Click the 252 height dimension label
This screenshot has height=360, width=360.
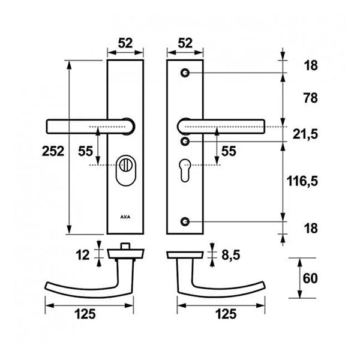[x=53, y=151]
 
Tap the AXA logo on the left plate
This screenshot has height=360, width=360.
[x=125, y=217]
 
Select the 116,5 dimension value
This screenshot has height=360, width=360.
[x=302, y=181]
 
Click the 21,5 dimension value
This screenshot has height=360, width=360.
[x=305, y=134]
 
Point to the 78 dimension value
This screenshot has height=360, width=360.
[x=311, y=98]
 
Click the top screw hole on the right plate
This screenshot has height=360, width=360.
[x=185, y=73]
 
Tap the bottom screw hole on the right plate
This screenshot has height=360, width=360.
[x=185, y=221]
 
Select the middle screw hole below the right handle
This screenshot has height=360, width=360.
[x=185, y=142]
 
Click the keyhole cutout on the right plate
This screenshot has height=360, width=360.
[x=185, y=170]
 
